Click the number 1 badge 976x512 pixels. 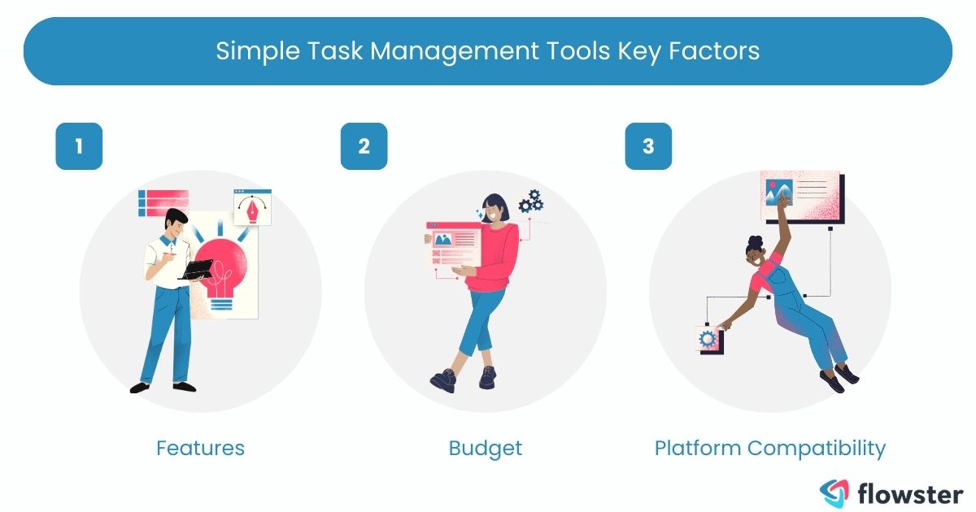tap(79, 146)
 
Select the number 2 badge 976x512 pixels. tap(364, 146)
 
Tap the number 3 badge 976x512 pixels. tap(648, 146)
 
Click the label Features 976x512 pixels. tap(200, 448)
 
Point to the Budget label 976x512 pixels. tap(486, 448)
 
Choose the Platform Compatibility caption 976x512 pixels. tap(770, 448)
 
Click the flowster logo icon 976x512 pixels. tap(833, 492)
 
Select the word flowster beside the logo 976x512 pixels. tap(911, 492)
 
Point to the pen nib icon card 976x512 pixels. tap(252, 208)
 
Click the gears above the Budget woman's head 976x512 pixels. tap(530, 200)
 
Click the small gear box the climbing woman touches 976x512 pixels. tap(707, 337)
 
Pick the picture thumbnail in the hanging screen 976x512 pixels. tap(778, 193)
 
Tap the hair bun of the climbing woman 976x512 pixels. tap(753, 242)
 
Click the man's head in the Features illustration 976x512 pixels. tap(175, 221)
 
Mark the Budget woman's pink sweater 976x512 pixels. tap(496, 252)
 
